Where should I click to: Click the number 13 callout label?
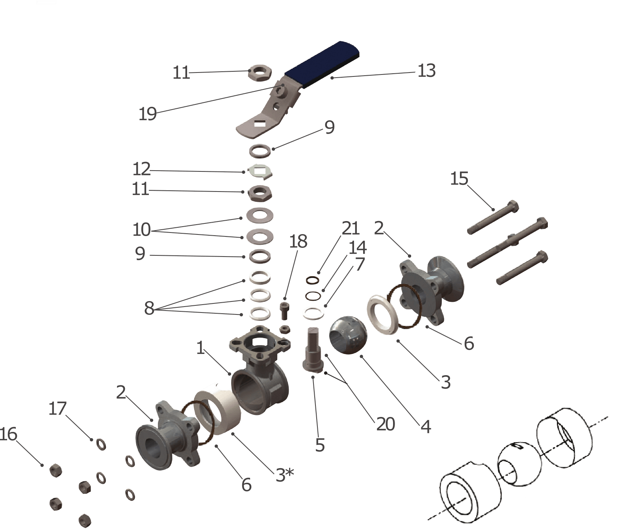[x=427, y=71]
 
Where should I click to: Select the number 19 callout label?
[x=148, y=114]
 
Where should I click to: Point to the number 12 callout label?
[x=141, y=169]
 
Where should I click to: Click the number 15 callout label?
[x=459, y=179]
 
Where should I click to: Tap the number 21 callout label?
[x=351, y=228]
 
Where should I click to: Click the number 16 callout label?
[x=8, y=434]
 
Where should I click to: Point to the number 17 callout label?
[x=57, y=409]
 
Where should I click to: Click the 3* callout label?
[x=285, y=475]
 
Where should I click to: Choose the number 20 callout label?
[x=386, y=424]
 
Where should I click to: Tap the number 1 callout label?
[x=200, y=348]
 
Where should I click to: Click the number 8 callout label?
[x=149, y=308]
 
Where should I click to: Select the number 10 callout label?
[x=141, y=230]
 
